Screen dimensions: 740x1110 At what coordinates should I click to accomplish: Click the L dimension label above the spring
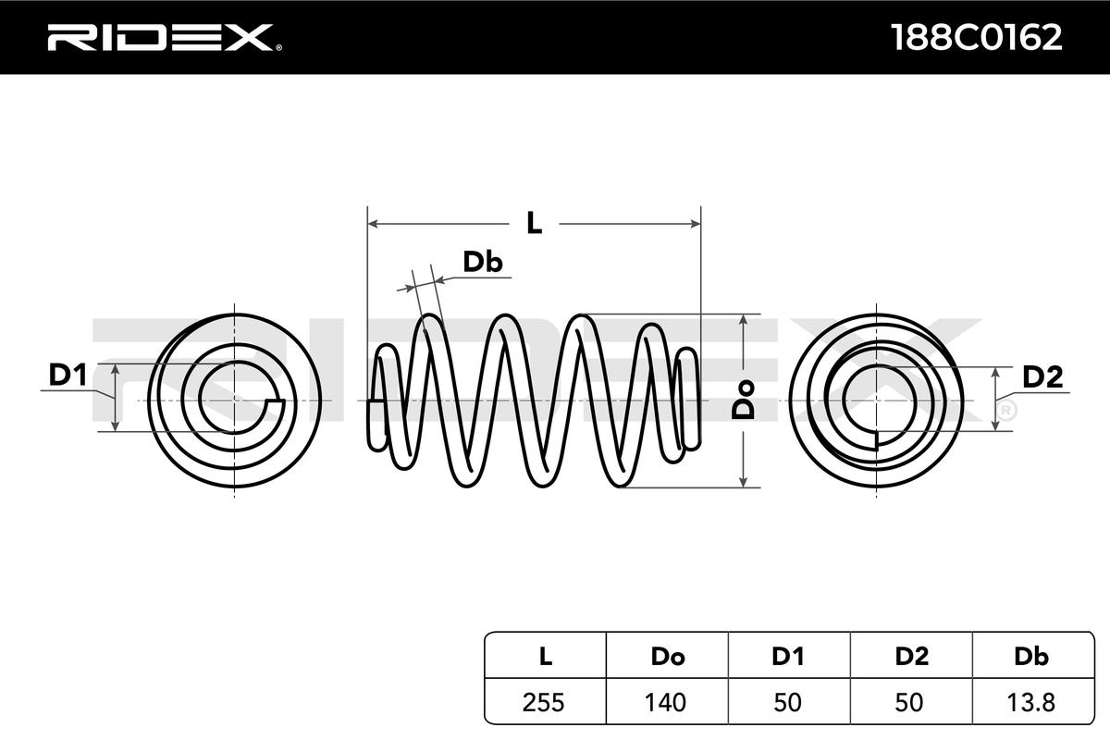point(534,223)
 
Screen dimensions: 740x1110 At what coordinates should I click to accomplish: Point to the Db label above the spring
point(482,263)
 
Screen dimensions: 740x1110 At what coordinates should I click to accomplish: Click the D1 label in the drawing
point(68,376)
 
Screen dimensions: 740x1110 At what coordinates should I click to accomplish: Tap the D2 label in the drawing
point(1042,376)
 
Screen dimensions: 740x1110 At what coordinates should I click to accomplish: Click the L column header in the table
point(546,657)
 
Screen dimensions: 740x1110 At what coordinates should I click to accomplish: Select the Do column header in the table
point(667,657)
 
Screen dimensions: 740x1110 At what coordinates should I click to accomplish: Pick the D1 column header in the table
point(789,657)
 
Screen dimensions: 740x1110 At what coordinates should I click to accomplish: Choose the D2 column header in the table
point(911,657)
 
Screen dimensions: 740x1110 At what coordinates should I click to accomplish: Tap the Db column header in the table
point(1031,657)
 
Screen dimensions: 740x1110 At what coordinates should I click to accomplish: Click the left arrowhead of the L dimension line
point(373,223)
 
